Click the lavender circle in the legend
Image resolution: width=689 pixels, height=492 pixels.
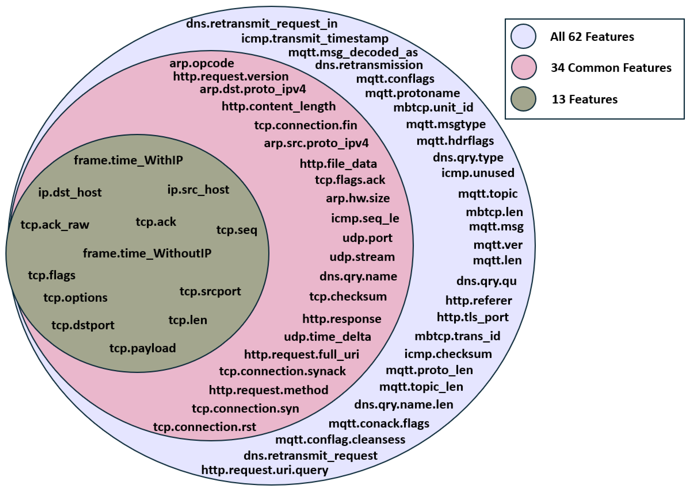click(x=523, y=36)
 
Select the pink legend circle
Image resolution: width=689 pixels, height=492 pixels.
click(x=523, y=67)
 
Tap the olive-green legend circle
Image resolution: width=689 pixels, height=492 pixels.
click(x=523, y=99)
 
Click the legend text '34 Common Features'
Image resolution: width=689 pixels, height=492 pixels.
click(x=611, y=68)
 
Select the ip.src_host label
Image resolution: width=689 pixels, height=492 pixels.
click(x=198, y=190)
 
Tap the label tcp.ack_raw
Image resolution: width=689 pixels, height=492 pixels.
click(x=55, y=225)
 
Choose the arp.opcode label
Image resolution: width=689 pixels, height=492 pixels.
click(x=202, y=63)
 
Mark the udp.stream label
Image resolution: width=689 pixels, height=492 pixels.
click(x=362, y=257)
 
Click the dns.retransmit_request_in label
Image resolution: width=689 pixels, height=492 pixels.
click(x=261, y=24)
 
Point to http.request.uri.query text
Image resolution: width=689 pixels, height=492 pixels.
click(x=264, y=470)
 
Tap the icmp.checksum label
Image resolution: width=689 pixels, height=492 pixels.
click(x=448, y=354)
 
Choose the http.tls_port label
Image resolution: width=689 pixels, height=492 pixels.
click(x=472, y=317)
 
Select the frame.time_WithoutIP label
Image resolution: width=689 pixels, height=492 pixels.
click(x=147, y=253)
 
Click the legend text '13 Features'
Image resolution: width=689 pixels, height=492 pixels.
click(x=584, y=99)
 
